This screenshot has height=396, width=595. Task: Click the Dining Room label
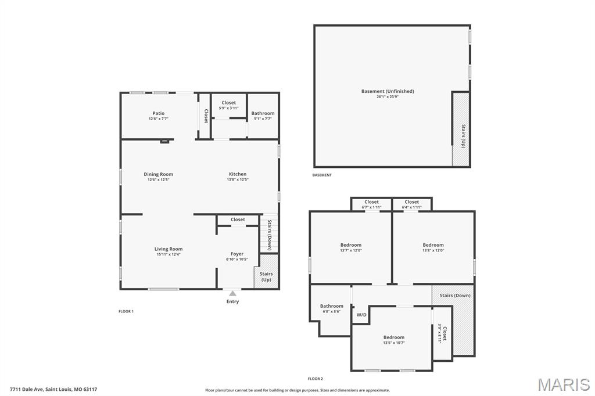click(x=158, y=174)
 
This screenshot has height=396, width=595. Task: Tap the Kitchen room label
click(x=238, y=174)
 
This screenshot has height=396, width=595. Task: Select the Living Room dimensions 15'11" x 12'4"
click(x=168, y=254)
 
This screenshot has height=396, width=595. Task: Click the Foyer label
click(x=237, y=254)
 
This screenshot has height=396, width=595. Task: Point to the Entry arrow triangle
click(x=232, y=293)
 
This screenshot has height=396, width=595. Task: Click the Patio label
click(x=159, y=113)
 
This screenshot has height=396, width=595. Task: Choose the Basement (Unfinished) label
click(x=388, y=91)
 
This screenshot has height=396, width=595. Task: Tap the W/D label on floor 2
click(x=361, y=315)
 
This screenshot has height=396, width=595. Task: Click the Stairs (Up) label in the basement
click(x=463, y=136)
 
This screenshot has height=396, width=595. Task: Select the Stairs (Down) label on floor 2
click(x=455, y=296)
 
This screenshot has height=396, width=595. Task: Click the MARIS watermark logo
click(x=564, y=384)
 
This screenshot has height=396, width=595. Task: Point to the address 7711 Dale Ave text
click(x=27, y=389)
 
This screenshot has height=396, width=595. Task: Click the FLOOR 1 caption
click(x=126, y=311)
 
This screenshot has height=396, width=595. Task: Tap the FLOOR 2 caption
click(x=316, y=379)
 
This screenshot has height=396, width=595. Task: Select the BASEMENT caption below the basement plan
click(x=322, y=175)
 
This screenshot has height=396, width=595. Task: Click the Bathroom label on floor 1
click(x=263, y=113)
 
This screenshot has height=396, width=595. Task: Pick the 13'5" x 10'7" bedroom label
click(x=394, y=340)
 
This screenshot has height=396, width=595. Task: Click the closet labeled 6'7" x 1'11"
click(x=371, y=204)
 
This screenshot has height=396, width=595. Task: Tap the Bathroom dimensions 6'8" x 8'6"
click(x=332, y=311)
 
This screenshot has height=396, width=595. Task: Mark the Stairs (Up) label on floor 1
click(x=266, y=276)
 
